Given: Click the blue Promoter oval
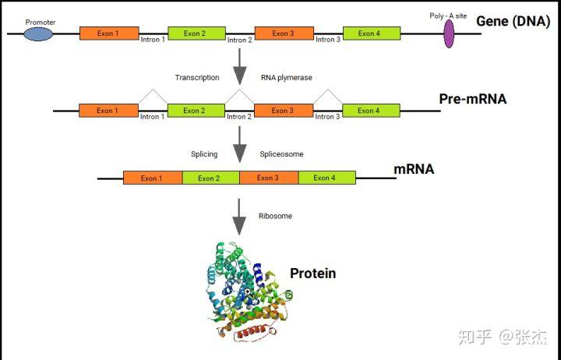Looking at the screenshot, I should pyautogui.click(x=39, y=34).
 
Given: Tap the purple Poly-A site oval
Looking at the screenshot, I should pyautogui.click(x=449, y=34).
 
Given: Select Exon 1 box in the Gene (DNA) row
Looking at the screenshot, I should pyautogui.click(x=109, y=34).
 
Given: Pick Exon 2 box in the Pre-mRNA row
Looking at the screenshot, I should pyautogui.click(x=194, y=111).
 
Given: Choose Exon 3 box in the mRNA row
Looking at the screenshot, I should pyautogui.click(x=268, y=178).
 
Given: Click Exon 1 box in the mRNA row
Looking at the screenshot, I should pyautogui.click(x=153, y=178).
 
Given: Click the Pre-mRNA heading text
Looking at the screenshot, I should pyautogui.click(x=472, y=99).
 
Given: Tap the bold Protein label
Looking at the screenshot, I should pyautogui.click(x=312, y=273).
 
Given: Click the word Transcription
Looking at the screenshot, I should pyautogui.click(x=197, y=78).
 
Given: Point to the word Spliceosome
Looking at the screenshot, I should pyautogui.click(x=281, y=154).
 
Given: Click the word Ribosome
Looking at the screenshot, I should pyautogui.click(x=275, y=216).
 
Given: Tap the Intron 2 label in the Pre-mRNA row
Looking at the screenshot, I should pyautogui.click(x=239, y=117).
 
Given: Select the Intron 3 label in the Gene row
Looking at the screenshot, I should pyautogui.click(x=328, y=39).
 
